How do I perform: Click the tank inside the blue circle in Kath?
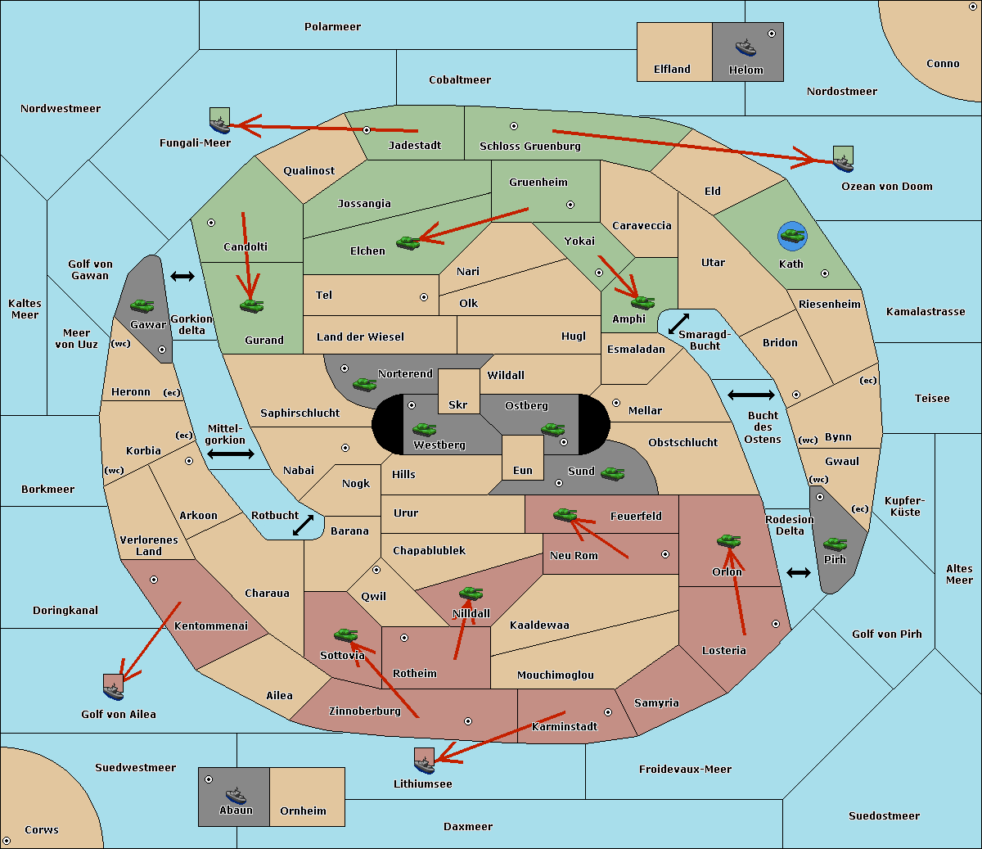[792, 235]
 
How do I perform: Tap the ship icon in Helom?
[746, 47]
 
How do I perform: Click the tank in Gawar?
[142, 305]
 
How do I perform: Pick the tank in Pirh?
[835, 544]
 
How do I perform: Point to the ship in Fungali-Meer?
[219, 124]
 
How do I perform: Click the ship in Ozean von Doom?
[843, 163]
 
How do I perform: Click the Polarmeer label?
[332, 27]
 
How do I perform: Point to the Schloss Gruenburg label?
[530, 146]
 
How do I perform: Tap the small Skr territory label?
[458, 404]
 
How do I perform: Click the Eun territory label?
[523, 470]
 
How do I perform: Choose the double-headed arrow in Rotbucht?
[303, 525]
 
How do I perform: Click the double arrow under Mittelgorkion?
[231, 454]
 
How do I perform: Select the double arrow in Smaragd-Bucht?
[678, 323]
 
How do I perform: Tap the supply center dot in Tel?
[424, 297]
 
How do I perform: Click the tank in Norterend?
[364, 384]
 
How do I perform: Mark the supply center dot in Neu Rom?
[665, 554]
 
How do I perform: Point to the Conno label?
[943, 63]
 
